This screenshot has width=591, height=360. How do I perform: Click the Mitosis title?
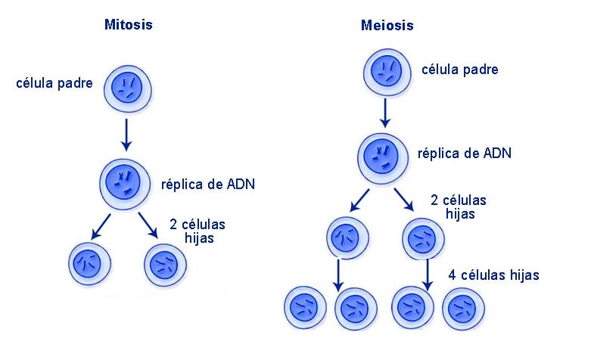(x=129, y=25)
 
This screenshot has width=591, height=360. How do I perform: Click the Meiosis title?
(x=387, y=26)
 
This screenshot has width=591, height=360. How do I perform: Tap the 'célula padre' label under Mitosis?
(x=54, y=83)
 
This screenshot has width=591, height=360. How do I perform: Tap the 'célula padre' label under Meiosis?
(x=460, y=70)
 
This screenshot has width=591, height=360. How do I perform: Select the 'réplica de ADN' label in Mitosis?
(x=208, y=185)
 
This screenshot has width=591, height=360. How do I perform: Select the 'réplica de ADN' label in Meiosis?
(x=465, y=154)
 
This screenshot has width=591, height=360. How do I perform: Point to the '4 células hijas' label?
(x=493, y=275)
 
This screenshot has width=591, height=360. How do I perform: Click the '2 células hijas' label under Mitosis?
(x=198, y=231)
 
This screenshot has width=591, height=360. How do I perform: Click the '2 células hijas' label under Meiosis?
(x=459, y=206)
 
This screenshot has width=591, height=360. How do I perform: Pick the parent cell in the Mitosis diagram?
(x=127, y=89)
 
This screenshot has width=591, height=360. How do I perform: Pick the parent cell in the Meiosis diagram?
(x=387, y=73)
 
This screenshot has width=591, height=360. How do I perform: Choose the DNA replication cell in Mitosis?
(x=125, y=185)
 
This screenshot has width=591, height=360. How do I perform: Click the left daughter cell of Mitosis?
(x=89, y=264)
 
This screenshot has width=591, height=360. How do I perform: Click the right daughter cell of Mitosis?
(x=165, y=265)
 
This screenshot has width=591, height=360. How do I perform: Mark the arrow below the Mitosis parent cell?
(x=126, y=135)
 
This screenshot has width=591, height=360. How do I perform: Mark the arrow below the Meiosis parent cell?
(x=385, y=113)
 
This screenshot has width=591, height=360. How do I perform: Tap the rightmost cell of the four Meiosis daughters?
(x=463, y=309)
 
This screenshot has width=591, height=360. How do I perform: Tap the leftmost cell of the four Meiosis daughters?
(x=305, y=308)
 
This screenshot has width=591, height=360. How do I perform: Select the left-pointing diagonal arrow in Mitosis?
(x=101, y=227)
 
